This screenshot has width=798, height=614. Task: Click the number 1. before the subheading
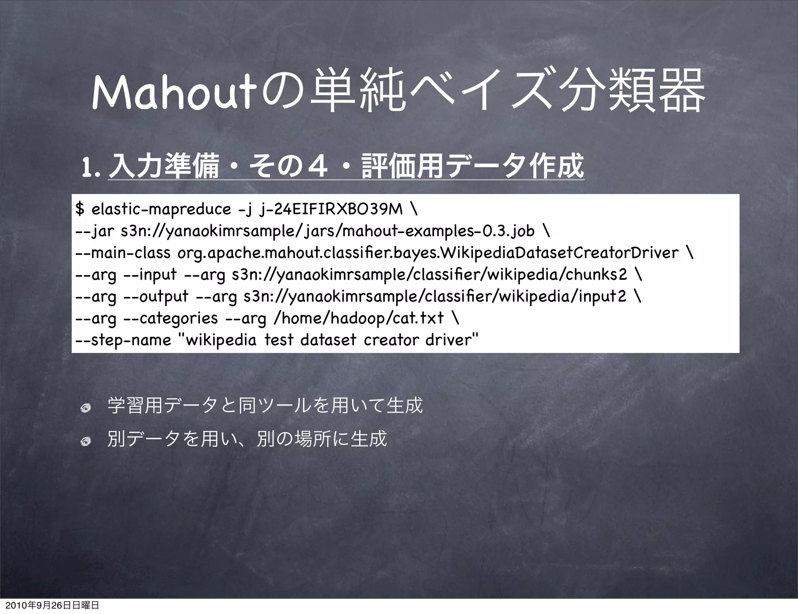[x=90, y=167]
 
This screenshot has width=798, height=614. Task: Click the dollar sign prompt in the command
[x=79, y=209]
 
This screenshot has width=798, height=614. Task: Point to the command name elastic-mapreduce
[x=161, y=210]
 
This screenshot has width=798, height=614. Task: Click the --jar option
[x=95, y=231]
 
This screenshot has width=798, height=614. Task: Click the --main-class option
[x=123, y=253]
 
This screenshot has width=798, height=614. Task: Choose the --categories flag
[x=170, y=319]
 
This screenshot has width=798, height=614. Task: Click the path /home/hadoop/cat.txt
[x=359, y=319]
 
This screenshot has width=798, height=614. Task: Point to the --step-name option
[x=123, y=341]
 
